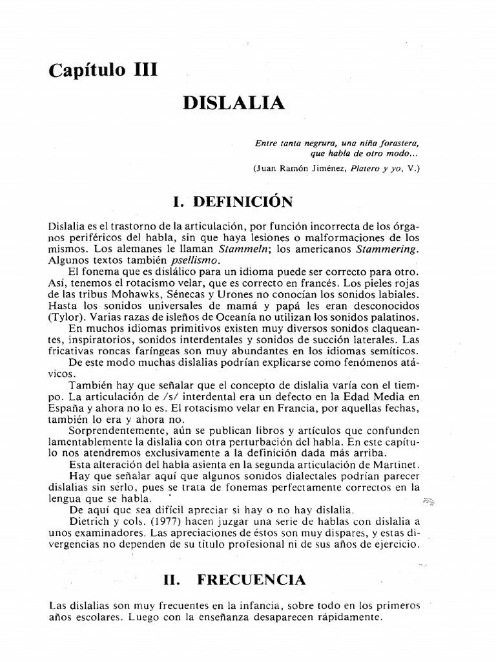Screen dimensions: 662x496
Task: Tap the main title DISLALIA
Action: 234,103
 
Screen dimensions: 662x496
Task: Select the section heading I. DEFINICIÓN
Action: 234,202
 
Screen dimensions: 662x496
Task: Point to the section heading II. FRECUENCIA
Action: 234,579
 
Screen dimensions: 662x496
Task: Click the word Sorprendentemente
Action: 114,431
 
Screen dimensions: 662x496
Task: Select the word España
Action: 66,408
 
